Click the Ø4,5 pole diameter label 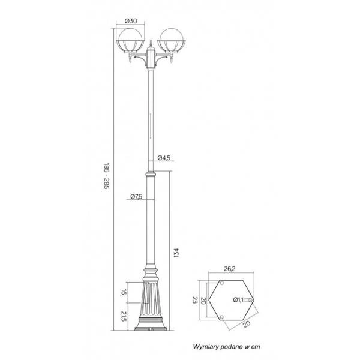tap(164, 158)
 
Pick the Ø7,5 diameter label tap(136, 196)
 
